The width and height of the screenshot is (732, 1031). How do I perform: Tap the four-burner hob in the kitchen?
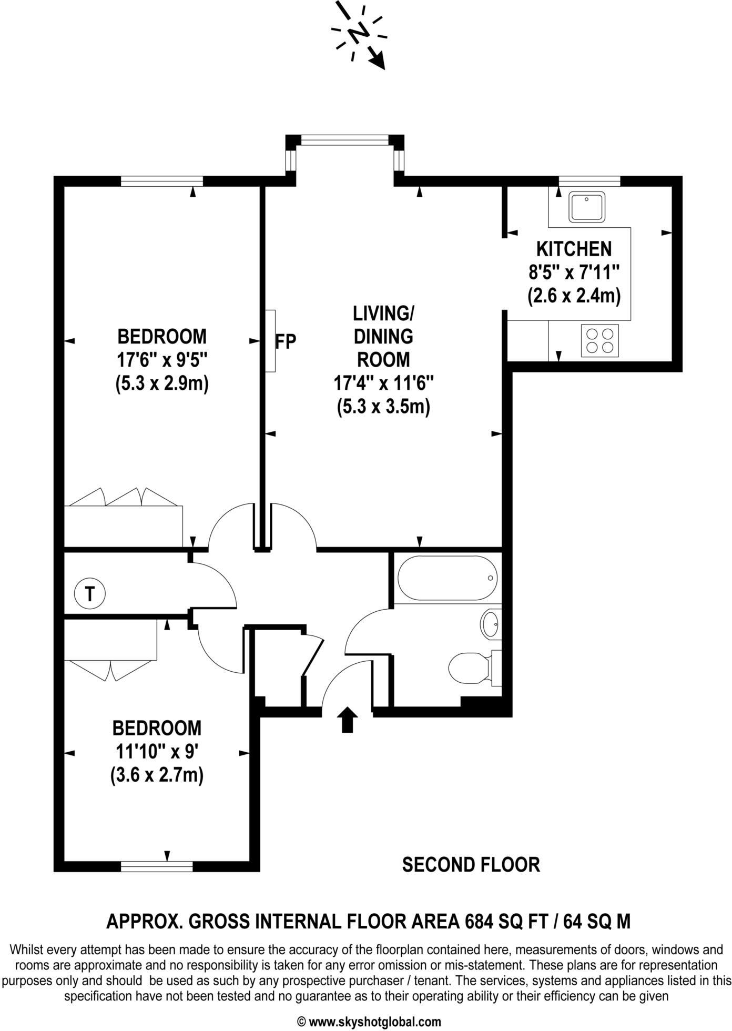click(600, 340)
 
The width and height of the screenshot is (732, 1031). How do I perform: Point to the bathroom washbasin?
click(491, 624)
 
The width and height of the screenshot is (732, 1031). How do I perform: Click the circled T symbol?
click(90, 594)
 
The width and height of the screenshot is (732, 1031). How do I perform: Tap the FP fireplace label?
click(286, 341)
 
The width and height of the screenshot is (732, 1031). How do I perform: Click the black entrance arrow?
click(347, 719)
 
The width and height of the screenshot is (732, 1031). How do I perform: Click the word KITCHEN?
click(574, 248)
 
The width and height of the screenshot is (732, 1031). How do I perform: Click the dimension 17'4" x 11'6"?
click(383, 383)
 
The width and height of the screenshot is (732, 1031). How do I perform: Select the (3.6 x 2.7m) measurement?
click(157, 775)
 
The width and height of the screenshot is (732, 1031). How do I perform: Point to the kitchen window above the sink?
click(589, 181)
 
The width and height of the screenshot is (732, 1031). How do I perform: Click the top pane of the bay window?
click(345, 139)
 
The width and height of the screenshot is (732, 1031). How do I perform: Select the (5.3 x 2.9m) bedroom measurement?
click(162, 384)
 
